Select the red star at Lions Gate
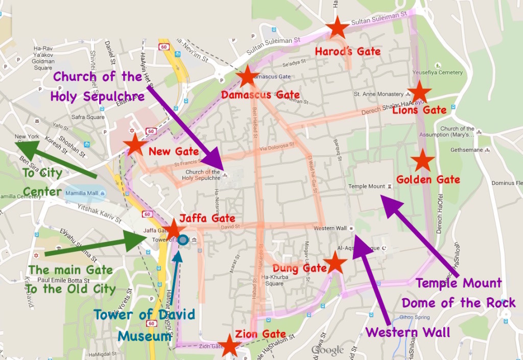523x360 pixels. [419, 93]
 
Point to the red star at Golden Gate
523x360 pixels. [422, 161]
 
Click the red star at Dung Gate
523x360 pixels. [335, 263]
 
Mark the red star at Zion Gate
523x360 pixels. [229, 346]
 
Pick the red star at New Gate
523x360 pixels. [135, 145]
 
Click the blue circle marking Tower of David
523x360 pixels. [183, 240]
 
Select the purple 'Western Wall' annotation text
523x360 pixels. [408, 332]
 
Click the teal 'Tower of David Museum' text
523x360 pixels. [145, 325]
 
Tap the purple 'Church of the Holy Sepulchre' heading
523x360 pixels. [98, 86]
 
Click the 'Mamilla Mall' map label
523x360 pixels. [82, 194]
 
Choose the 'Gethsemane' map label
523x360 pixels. [464, 150]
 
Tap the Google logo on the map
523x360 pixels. [327, 350]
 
